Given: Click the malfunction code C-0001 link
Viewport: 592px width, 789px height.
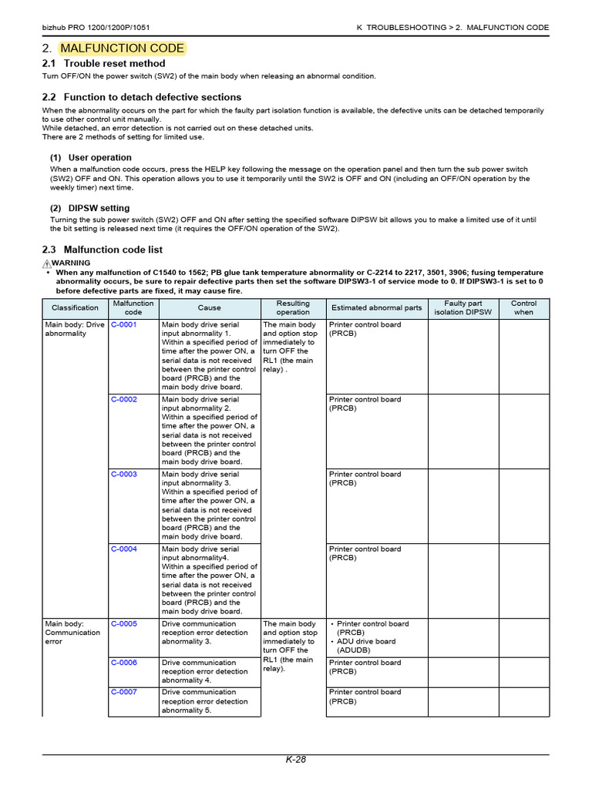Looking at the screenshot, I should pyautogui.click(x=123, y=325).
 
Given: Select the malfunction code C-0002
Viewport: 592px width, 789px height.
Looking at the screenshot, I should pyautogui.click(x=123, y=400).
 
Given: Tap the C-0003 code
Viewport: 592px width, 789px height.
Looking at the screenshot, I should pyautogui.click(x=123, y=475).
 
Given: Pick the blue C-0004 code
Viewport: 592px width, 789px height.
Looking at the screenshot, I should pyautogui.click(x=123, y=549).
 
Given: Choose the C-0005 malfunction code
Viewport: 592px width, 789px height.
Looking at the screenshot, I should pyautogui.click(x=123, y=624).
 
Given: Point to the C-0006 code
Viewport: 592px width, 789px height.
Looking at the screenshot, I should pyautogui.click(x=123, y=663).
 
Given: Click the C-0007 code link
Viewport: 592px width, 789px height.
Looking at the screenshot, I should pyautogui.click(x=123, y=692).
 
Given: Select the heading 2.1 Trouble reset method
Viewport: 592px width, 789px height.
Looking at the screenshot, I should pyautogui.click(x=103, y=64).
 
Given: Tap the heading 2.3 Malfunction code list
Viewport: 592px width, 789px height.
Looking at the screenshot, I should pyautogui.click(x=102, y=250).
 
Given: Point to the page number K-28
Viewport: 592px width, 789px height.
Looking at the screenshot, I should pyautogui.click(x=296, y=760).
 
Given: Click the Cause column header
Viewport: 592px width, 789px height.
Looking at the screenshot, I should pyautogui.click(x=209, y=308).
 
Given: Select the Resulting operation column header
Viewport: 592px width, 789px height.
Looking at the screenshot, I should pyautogui.click(x=293, y=308).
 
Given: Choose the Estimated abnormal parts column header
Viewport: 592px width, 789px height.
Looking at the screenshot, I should pyautogui.click(x=376, y=308).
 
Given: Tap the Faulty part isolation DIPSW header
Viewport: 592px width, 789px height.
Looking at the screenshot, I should pyautogui.click(x=462, y=308).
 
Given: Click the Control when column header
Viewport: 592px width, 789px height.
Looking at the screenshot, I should pyautogui.click(x=523, y=308).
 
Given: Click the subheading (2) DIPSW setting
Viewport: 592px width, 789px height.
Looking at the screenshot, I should pyautogui.click(x=90, y=208).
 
